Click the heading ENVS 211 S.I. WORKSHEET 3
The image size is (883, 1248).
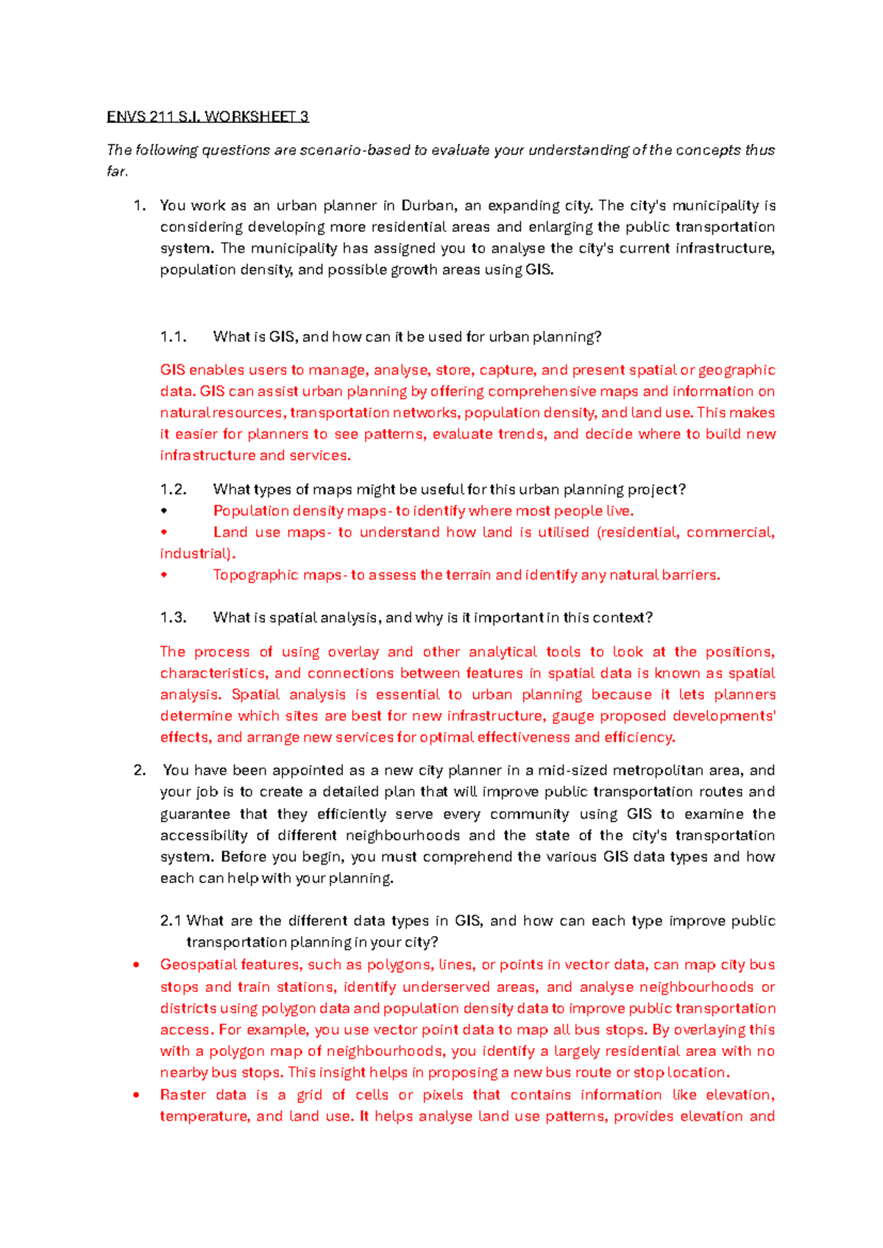pos(208,116)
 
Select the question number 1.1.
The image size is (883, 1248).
pos(173,337)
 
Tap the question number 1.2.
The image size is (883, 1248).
pos(173,489)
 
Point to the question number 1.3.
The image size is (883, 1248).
pos(173,617)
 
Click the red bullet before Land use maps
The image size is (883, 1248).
pos(164,532)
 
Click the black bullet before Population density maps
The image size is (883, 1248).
pos(164,511)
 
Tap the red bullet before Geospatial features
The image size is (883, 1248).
pos(136,965)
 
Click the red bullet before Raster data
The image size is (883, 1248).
pos(136,1095)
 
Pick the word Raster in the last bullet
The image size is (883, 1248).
pos(182,1095)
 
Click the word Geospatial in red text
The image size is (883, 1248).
pos(194,965)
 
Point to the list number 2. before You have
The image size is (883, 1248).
pos(140,770)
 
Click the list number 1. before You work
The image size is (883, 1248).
pos(140,205)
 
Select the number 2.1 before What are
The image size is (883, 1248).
pos(171,921)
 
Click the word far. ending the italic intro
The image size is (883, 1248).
pos(117,171)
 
